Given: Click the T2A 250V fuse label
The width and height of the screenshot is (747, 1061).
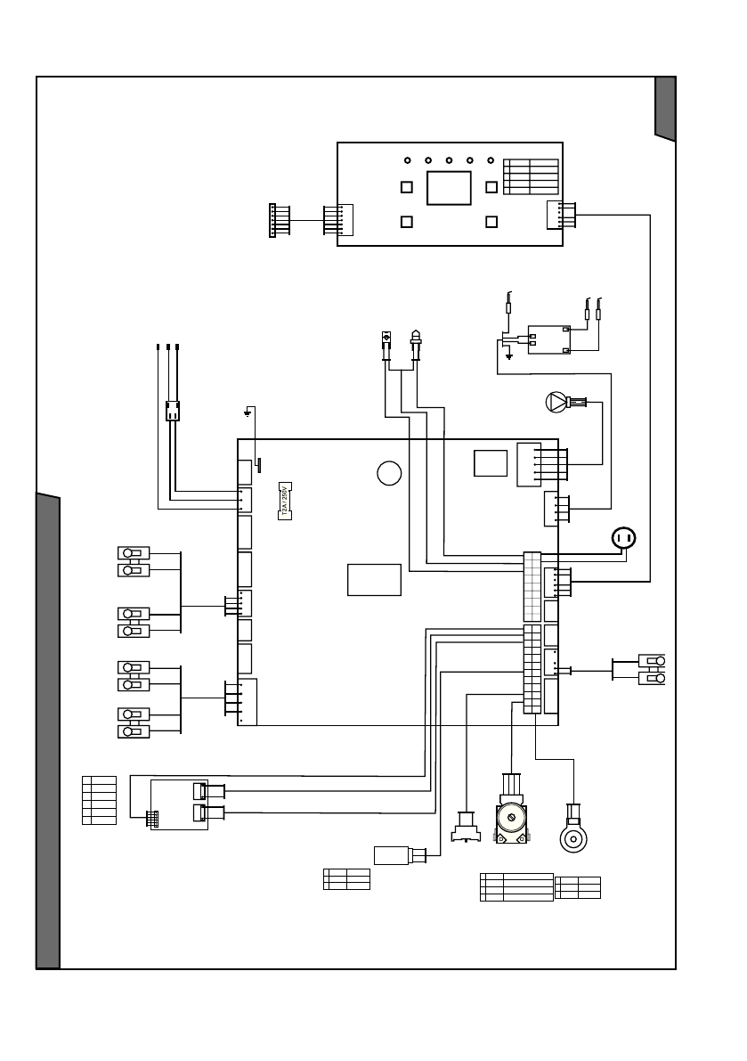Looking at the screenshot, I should (x=286, y=502).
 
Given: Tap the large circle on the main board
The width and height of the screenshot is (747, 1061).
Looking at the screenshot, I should (x=388, y=473).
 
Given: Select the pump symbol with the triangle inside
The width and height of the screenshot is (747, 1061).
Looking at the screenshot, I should (x=556, y=403).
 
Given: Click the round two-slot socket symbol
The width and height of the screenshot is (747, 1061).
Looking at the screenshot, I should (x=624, y=538).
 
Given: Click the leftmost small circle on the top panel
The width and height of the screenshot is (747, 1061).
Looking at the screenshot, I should (x=407, y=160).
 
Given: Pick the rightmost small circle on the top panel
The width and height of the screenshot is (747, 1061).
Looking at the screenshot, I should (x=491, y=160).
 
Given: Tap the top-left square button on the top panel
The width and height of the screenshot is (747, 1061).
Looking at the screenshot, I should (x=406, y=188).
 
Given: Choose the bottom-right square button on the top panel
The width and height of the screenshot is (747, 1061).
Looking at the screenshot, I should (x=491, y=222).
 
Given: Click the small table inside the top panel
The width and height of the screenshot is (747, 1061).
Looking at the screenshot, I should (x=531, y=176).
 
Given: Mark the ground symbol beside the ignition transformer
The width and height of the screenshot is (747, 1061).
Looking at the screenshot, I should (x=508, y=357).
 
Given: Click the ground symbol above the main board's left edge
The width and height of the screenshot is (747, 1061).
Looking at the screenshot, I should (x=250, y=412).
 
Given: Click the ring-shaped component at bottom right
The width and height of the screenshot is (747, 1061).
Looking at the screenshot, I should (x=572, y=837).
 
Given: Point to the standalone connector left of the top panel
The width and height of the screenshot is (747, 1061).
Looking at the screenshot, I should (x=274, y=220).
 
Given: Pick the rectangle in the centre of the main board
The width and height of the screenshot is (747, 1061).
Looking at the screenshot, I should (x=374, y=579).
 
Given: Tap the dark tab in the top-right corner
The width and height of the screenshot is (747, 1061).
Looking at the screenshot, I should (x=665, y=108).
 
